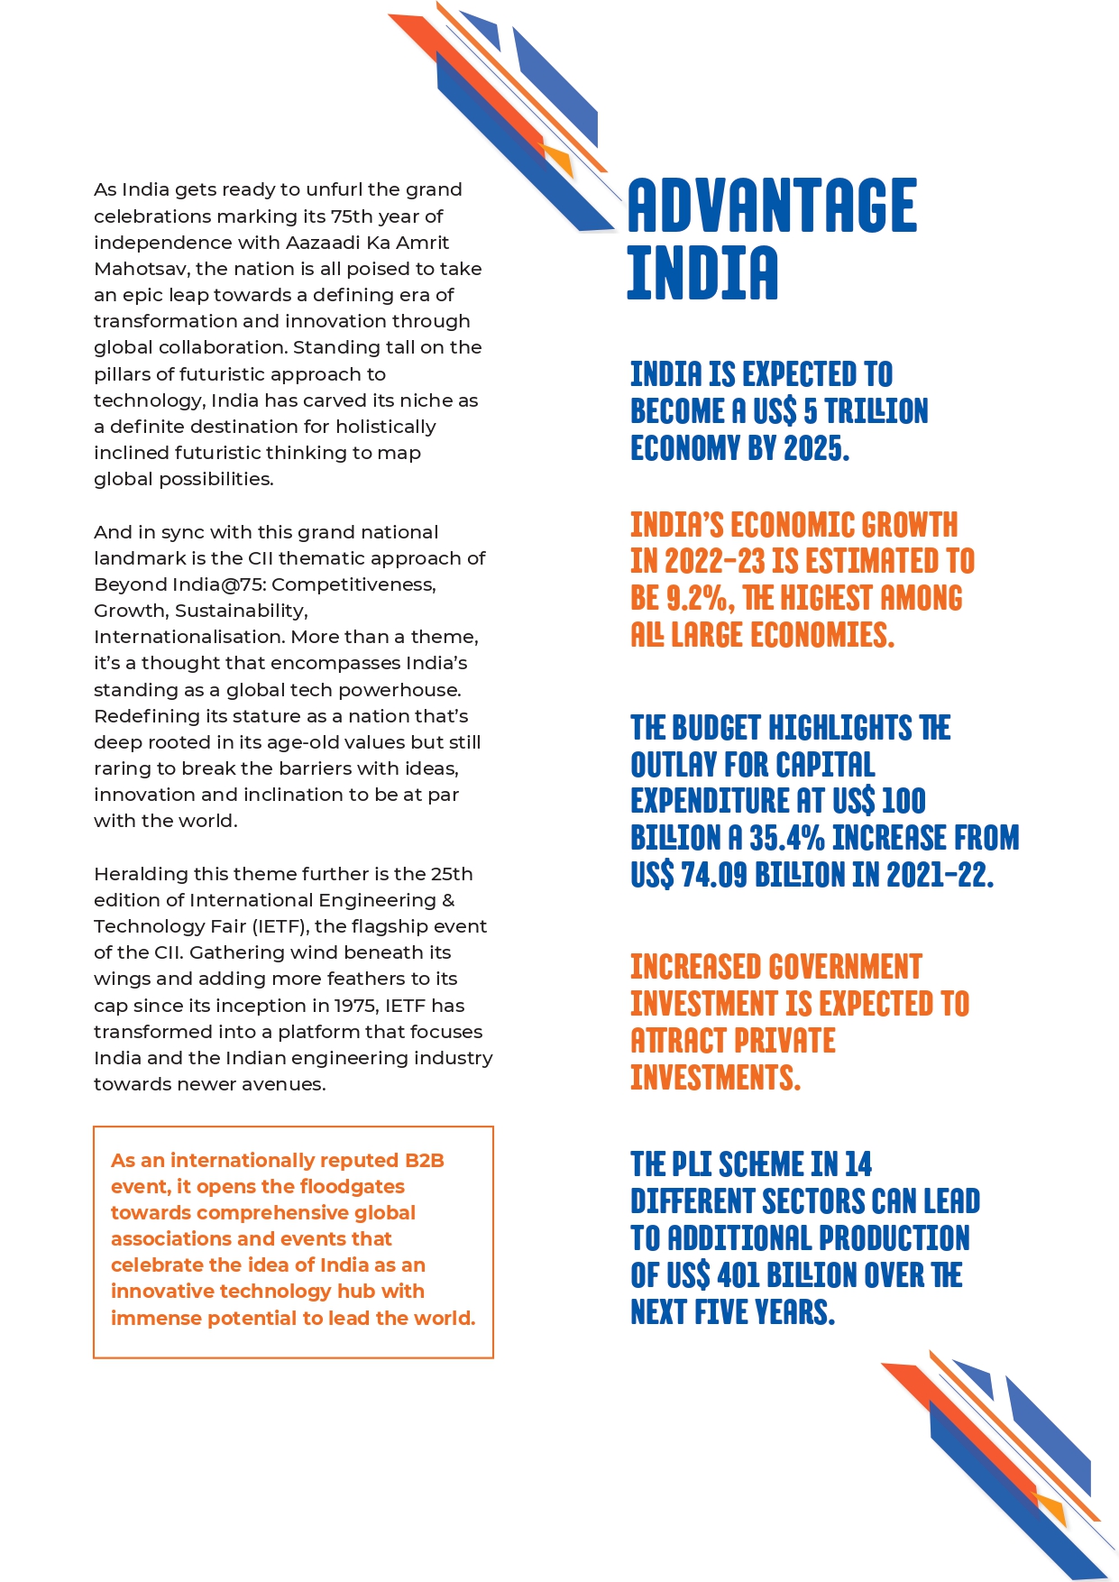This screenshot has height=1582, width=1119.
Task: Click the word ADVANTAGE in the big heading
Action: pyautogui.click(x=772, y=206)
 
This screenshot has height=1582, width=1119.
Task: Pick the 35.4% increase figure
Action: pyautogui.click(x=787, y=838)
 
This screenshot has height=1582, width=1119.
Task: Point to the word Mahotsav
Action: pyautogui.click(x=142, y=269)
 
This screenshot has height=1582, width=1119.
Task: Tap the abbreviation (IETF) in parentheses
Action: pyautogui.click(x=280, y=926)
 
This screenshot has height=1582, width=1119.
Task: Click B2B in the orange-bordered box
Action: pyautogui.click(x=424, y=1161)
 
